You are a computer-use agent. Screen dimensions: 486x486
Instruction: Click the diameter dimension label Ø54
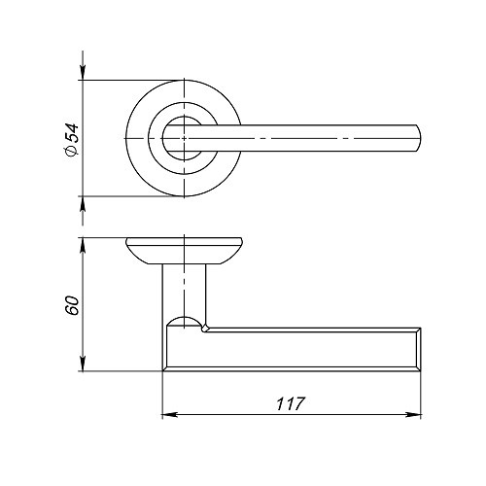72,140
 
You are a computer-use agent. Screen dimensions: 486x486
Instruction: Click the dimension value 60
72,305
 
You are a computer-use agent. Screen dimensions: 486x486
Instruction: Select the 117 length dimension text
291,403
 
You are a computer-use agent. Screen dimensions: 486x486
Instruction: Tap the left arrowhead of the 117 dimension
169,414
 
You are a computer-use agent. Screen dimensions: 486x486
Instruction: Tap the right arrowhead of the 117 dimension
414,414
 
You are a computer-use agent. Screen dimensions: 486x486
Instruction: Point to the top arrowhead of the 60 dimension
83,246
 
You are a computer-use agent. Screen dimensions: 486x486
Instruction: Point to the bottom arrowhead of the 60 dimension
83,364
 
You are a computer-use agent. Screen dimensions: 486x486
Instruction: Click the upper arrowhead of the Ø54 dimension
83,72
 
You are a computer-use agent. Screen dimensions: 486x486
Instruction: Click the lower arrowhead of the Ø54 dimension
83,204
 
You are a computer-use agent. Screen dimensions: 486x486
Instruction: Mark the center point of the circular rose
184,138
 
